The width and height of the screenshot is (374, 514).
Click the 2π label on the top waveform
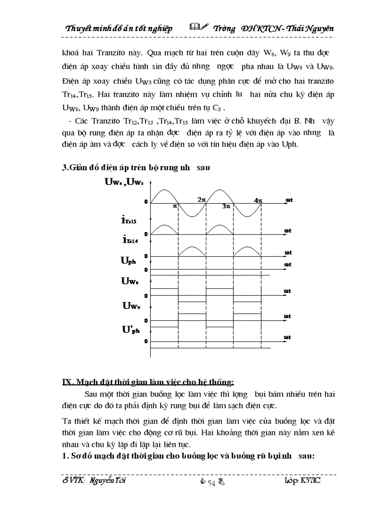[x=202, y=200]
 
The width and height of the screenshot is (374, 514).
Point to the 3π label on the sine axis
[x=225, y=206]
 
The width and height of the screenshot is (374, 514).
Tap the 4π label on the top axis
[x=258, y=200]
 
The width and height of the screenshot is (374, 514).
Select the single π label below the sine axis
[x=175, y=206]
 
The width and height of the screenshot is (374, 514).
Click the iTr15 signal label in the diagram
[x=129, y=220]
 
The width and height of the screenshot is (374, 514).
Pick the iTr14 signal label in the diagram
[x=129, y=239]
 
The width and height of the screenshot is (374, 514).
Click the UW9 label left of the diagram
[x=131, y=306]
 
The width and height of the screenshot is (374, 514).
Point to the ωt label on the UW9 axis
[x=288, y=316]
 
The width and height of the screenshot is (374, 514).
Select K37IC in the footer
[x=311, y=481]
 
